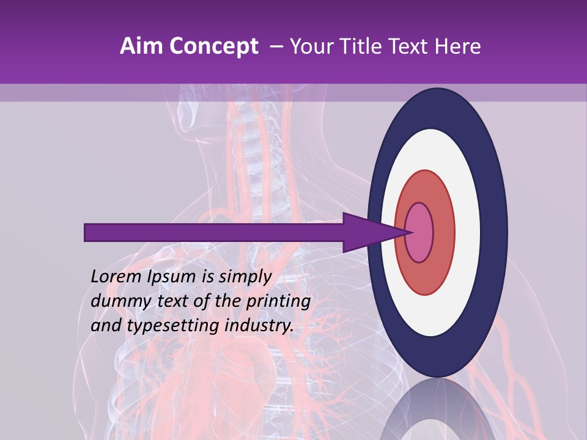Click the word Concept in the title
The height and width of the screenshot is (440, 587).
point(213,46)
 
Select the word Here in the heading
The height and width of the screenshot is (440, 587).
point(459,46)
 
